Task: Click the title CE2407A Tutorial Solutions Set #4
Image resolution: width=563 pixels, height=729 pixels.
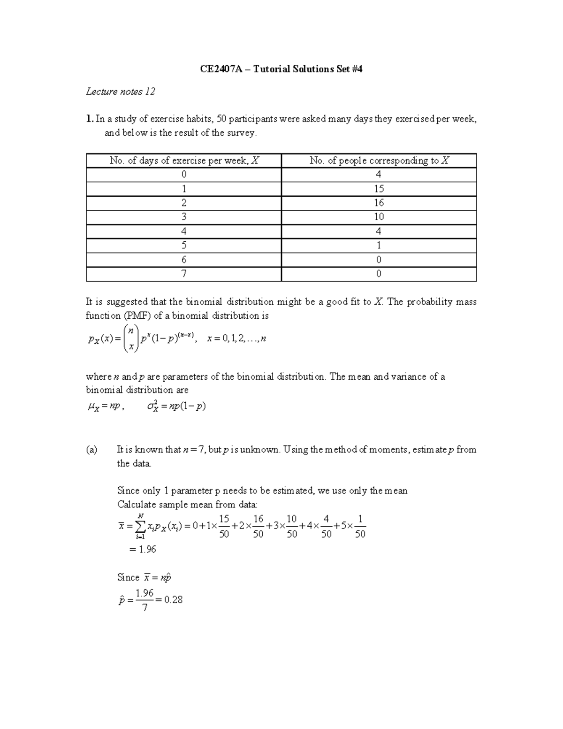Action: point(281,69)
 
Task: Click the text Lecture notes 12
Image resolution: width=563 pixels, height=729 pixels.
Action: point(120,92)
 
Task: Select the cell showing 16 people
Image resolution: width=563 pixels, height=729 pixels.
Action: point(379,203)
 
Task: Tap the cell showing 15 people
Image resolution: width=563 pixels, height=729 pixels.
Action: point(379,189)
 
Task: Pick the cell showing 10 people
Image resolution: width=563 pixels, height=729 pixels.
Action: point(379,217)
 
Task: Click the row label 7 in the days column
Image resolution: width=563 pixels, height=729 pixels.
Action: point(183,274)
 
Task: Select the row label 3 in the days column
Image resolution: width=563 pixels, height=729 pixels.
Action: point(183,217)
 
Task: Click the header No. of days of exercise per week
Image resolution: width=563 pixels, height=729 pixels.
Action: point(183,161)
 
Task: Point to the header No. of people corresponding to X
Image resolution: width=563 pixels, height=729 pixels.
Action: point(379,161)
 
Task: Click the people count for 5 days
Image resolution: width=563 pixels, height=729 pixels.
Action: point(379,246)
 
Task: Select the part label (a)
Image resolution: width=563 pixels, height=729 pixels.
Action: point(91,450)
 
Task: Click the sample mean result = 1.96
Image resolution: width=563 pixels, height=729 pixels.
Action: point(142,549)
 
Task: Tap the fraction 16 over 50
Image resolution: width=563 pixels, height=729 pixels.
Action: point(258,526)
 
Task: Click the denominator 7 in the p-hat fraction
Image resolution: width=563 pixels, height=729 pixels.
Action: point(145,607)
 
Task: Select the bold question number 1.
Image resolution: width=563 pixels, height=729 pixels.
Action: point(89,119)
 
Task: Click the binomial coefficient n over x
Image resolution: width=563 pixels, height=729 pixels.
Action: point(132,338)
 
